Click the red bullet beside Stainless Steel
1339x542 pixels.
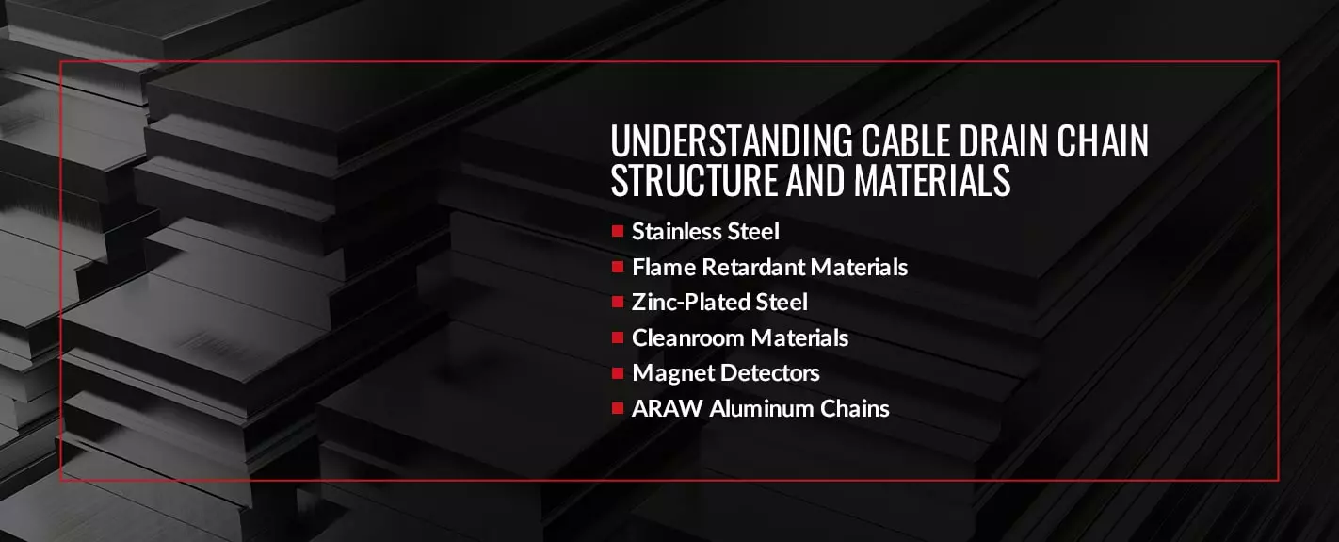pyautogui.click(x=618, y=231)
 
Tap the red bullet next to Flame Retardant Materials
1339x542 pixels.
pyautogui.click(x=618, y=267)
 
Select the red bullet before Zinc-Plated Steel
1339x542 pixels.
pyautogui.click(x=618, y=303)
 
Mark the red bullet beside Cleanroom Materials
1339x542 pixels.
pyautogui.click(x=618, y=338)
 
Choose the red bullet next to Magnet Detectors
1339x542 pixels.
pyautogui.click(x=618, y=373)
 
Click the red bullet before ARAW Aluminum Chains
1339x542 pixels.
pyautogui.click(x=618, y=408)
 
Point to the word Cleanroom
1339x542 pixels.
pyautogui.click(x=688, y=338)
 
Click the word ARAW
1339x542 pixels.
pyautogui.click(x=668, y=408)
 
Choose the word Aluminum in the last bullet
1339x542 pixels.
pyautogui.click(x=762, y=408)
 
